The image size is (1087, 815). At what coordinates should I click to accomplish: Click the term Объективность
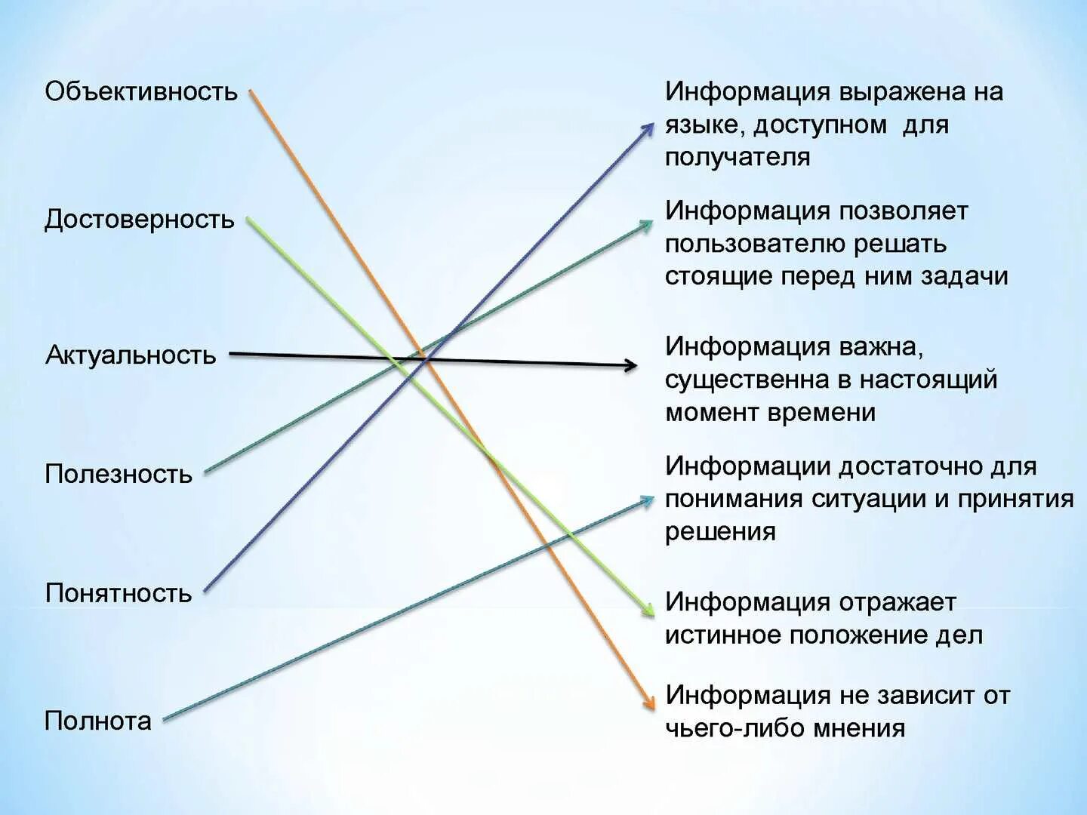(x=141, y=91)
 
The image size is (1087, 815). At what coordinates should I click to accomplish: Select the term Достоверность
(x=140, y=220)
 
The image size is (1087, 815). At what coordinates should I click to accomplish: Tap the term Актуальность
(x=131, y=355)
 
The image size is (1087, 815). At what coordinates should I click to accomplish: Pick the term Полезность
(x=119, y=474)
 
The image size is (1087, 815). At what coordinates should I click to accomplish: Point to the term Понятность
(x=119, y=593)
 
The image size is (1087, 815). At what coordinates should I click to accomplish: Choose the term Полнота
(x=98, y=721)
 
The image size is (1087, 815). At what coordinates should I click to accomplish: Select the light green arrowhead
(x=647, y=609)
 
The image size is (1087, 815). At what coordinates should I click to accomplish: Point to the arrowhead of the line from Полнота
(x=647, y=500)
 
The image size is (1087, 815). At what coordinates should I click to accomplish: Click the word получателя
(x=737, y=157)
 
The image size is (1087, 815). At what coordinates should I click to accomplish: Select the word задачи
(x=965, y=276)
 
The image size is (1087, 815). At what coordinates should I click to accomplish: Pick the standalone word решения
(x=720, y=531)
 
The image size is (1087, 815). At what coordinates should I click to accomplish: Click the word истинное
(x=723, y=635)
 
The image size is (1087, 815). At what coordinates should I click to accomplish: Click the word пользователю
(x=754, y=244)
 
